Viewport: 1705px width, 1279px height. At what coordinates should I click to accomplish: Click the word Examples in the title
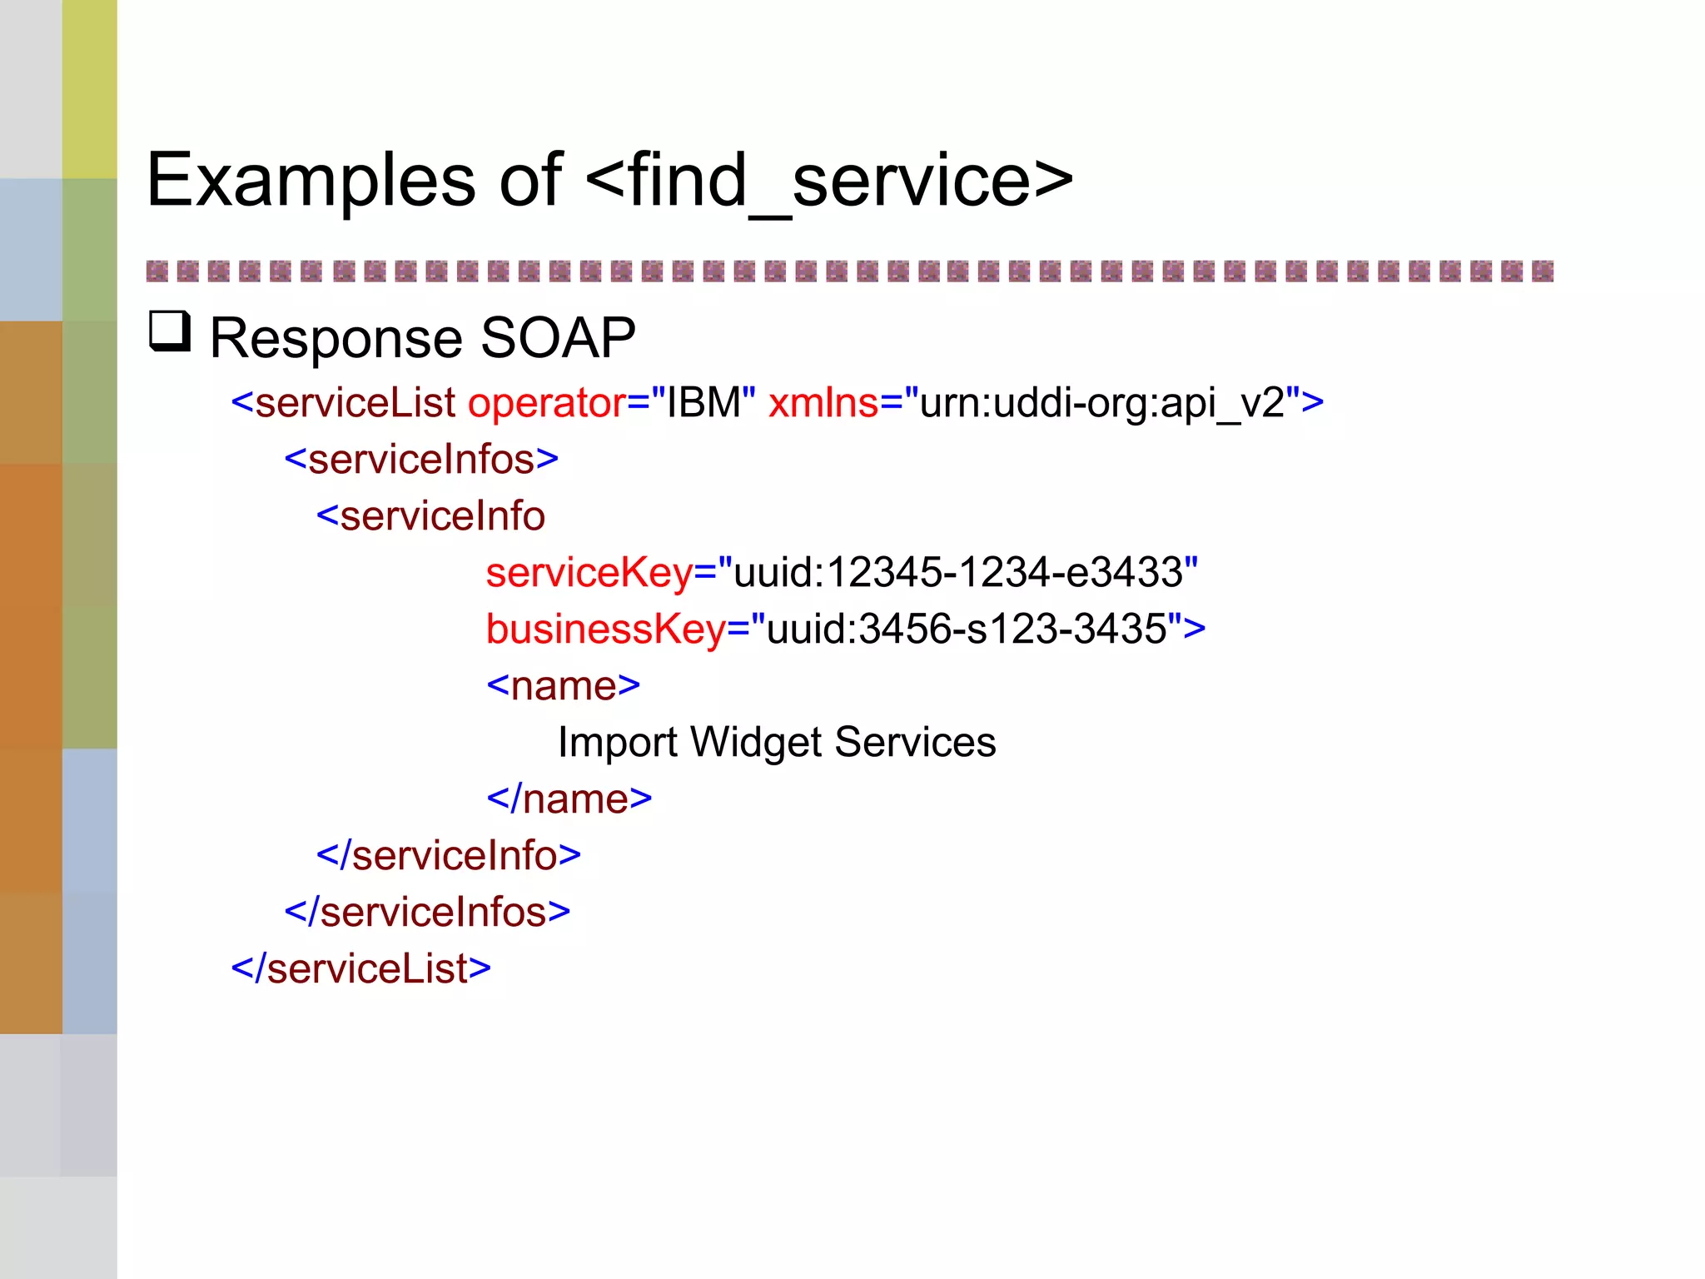311,181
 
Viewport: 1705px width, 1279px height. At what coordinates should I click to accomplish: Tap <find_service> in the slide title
829,181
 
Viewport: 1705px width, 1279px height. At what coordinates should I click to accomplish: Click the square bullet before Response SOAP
170,331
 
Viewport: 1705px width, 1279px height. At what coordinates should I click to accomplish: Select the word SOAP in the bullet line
558,338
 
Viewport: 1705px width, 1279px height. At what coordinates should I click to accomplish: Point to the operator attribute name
546,404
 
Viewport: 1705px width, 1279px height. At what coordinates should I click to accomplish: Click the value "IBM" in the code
703,404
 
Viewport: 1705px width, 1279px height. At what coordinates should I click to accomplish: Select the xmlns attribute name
823,404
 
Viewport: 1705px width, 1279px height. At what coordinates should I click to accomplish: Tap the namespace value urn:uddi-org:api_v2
1102,404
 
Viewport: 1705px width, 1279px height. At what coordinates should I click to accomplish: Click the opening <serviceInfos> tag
421,460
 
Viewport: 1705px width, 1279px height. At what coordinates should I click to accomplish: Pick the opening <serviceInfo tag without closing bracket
430,516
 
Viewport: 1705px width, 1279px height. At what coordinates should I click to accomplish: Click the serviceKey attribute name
589,573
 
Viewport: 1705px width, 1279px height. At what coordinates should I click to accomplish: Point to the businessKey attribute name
605,630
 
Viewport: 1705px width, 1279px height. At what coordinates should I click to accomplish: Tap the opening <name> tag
563,686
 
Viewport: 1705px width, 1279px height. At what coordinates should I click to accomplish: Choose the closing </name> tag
569,799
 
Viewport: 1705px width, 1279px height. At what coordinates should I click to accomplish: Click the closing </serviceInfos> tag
427,913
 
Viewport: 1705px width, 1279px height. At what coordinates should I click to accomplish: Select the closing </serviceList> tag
360,969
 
